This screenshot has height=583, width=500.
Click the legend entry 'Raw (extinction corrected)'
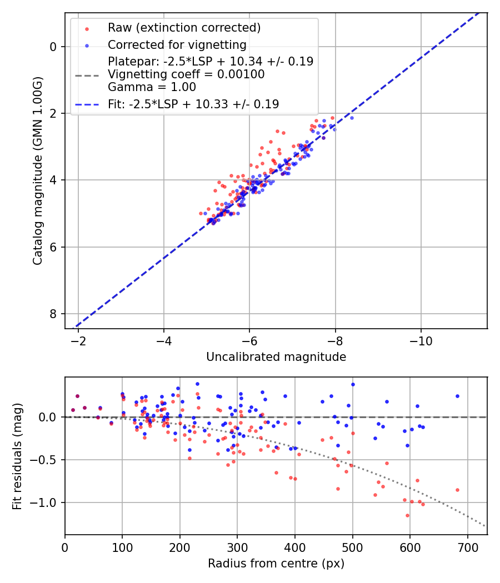[184, 27]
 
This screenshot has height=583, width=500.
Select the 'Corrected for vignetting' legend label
[177, 44]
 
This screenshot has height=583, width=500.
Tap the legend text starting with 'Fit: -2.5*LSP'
[193, 104]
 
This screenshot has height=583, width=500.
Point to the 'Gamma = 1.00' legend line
[152, 87]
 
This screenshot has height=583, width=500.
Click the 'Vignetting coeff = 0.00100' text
[186, 74]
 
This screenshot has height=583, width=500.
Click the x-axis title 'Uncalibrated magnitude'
[276, 357]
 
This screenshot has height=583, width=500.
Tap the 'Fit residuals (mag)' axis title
[18, 456]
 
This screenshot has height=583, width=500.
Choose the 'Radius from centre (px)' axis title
[276, 564]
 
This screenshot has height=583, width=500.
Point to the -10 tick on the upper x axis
[421, 340]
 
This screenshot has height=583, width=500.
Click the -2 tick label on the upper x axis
[78, 340]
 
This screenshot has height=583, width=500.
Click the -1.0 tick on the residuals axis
[47, 502]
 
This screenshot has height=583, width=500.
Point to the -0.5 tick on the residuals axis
[47, 460]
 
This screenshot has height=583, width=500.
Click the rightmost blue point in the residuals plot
[457, 396]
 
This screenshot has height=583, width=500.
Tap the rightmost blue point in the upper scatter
[352, 118]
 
